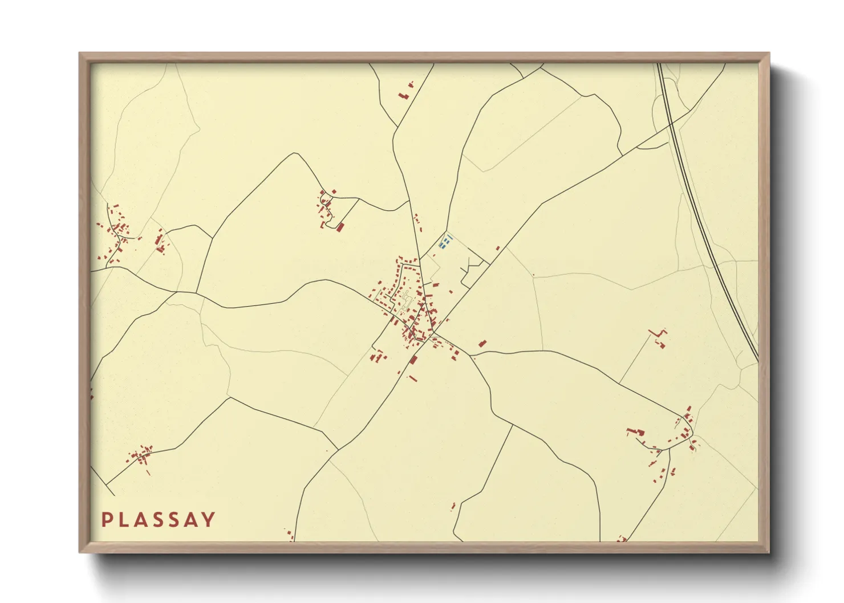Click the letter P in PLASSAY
pos(107,520)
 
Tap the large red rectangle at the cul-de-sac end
pos(341,227)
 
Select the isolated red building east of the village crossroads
pos(482,343)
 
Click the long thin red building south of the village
pos(413,378)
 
